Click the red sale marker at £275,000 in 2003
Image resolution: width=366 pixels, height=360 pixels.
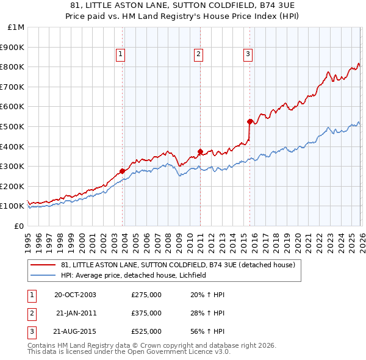[123, 171]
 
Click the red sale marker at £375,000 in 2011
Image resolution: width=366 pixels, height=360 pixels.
[200, 151]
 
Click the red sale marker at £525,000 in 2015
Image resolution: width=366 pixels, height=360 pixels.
[249, 121]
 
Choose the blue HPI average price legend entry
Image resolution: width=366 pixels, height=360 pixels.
[134, 276]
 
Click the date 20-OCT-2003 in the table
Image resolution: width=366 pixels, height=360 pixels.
[76, 295]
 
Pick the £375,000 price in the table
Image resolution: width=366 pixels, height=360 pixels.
[146, 313]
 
